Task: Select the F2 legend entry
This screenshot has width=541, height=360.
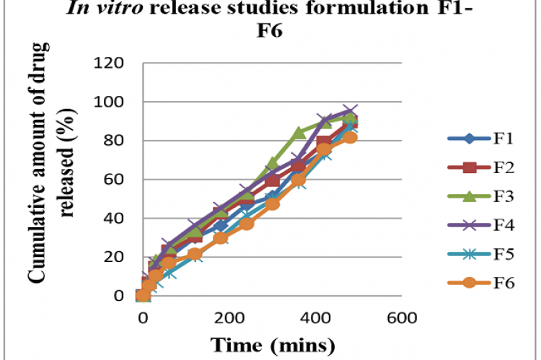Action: click(x=491, y=169)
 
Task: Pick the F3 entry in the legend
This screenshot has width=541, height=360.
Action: click(x=491, y=197)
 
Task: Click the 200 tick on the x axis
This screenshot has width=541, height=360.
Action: click(x=229, y=318)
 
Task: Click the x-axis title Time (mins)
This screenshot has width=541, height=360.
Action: click(x=273, y=344)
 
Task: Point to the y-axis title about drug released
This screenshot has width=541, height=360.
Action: click(x=50, y=173)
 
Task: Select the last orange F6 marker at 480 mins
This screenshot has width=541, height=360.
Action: click(x=350, y=137)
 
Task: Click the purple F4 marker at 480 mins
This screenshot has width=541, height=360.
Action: click(x=350, y=112)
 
